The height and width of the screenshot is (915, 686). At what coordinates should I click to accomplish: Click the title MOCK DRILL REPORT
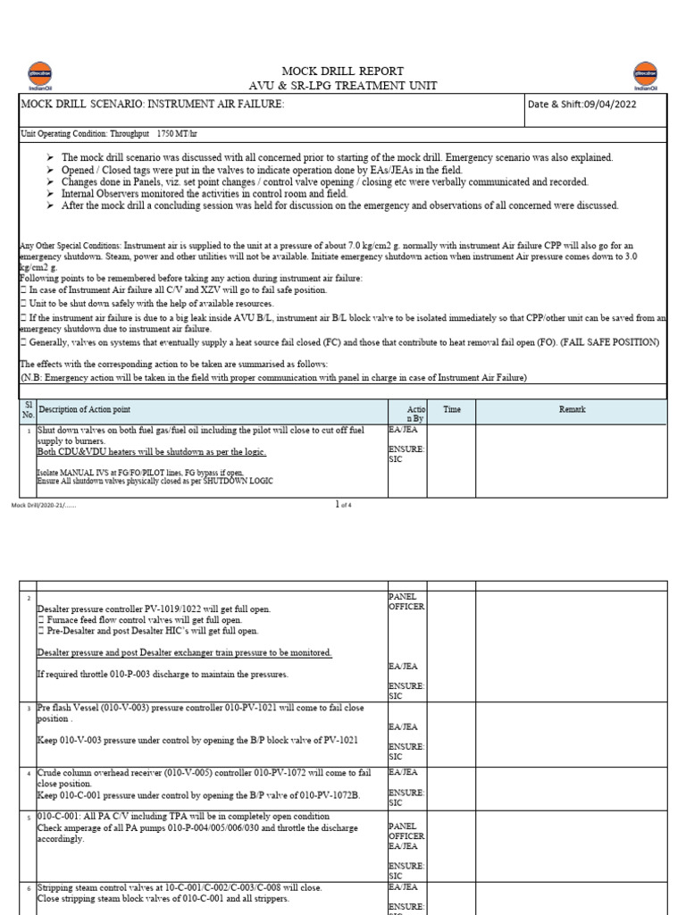[342, 71]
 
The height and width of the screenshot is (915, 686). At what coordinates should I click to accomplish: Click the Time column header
[452, 409]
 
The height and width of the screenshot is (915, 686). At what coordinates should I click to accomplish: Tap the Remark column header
[572, 409]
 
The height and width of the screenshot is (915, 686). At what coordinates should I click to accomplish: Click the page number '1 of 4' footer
[343, 505]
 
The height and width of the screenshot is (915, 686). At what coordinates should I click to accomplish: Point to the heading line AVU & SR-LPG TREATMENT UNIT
[342, 85]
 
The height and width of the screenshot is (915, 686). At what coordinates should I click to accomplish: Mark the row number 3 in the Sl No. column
[29, 707]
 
